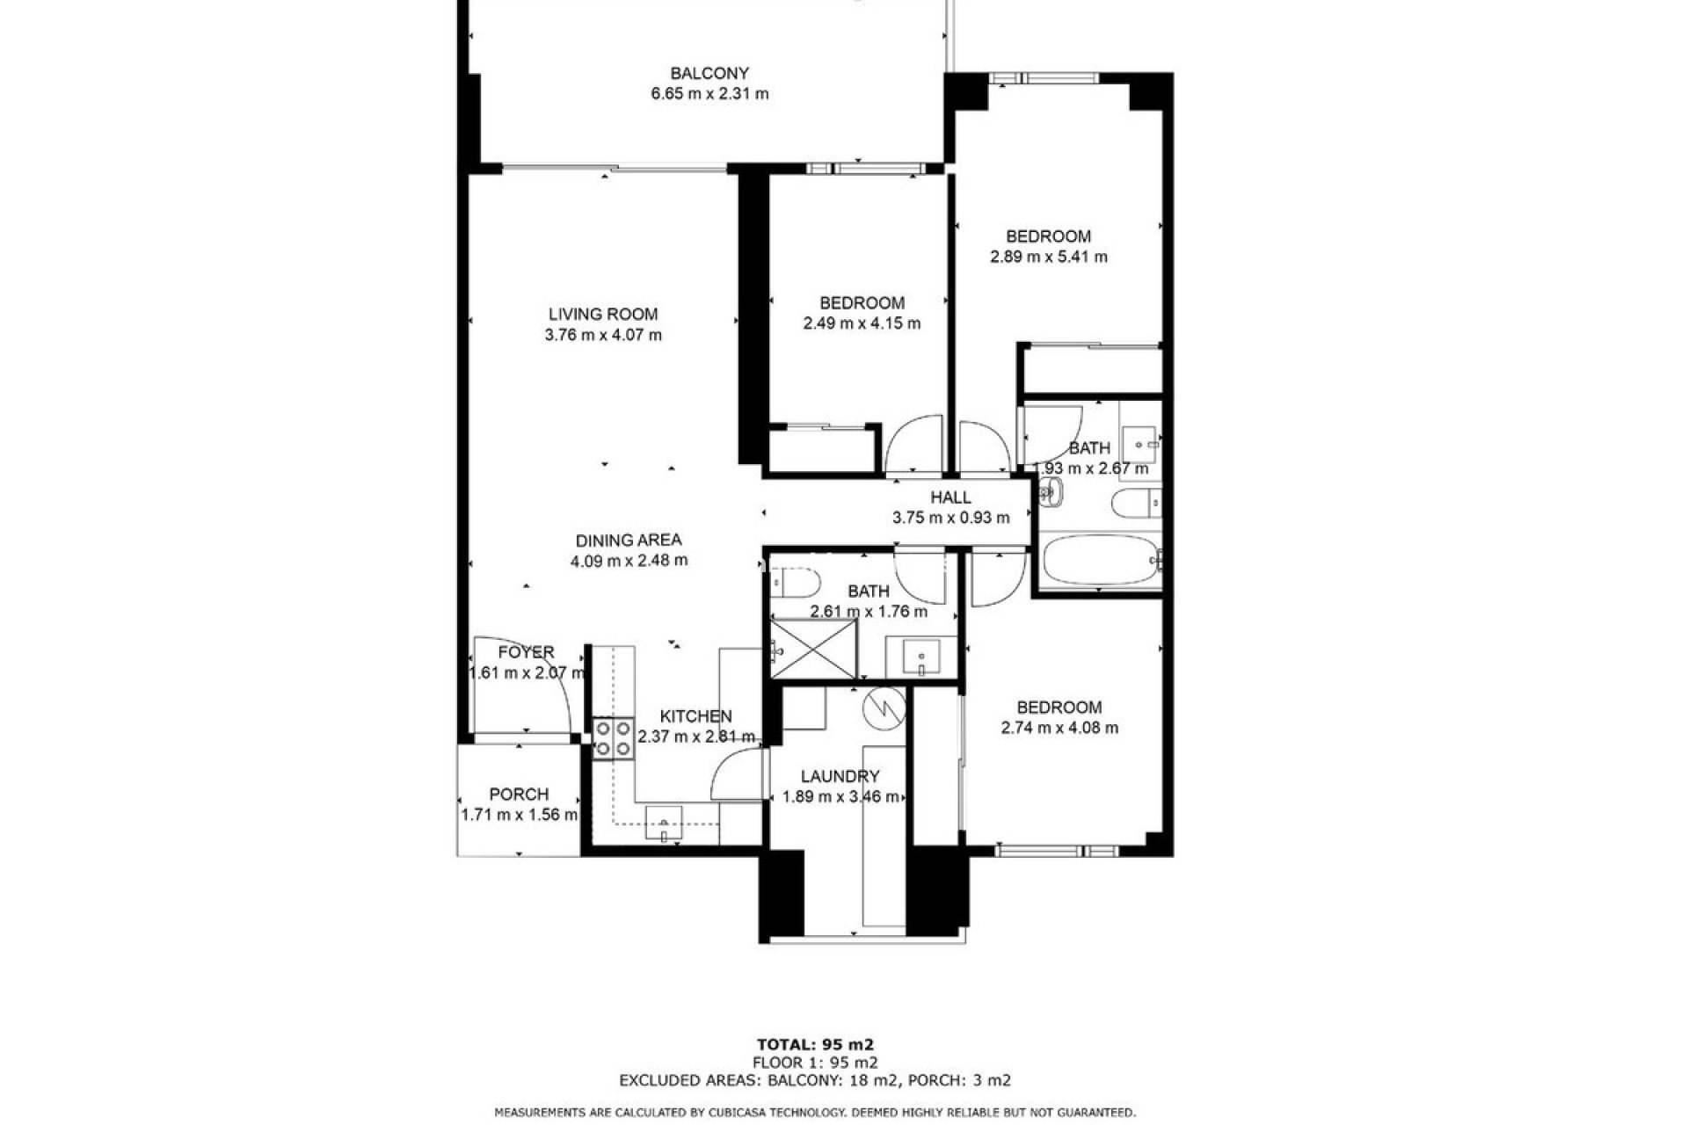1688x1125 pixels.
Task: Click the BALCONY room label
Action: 709,73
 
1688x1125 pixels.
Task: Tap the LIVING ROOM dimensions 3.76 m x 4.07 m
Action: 603,335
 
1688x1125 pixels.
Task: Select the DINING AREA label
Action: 628,541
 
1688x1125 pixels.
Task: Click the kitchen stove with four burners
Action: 613,738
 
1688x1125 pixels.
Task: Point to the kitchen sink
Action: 664,824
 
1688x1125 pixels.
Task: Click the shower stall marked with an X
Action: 813,649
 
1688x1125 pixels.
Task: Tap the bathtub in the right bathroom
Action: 1099,560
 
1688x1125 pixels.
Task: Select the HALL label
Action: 950,497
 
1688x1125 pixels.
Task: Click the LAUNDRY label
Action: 840,776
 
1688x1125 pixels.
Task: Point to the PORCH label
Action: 519,794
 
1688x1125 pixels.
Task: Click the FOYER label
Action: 526,652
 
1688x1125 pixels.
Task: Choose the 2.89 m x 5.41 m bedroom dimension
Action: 1048,258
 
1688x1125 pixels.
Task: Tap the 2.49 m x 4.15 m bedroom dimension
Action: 862,323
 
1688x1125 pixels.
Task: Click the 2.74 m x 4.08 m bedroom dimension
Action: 1059,728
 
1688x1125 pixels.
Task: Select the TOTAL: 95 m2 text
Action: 817,1045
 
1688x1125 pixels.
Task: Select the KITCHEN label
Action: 695,716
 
